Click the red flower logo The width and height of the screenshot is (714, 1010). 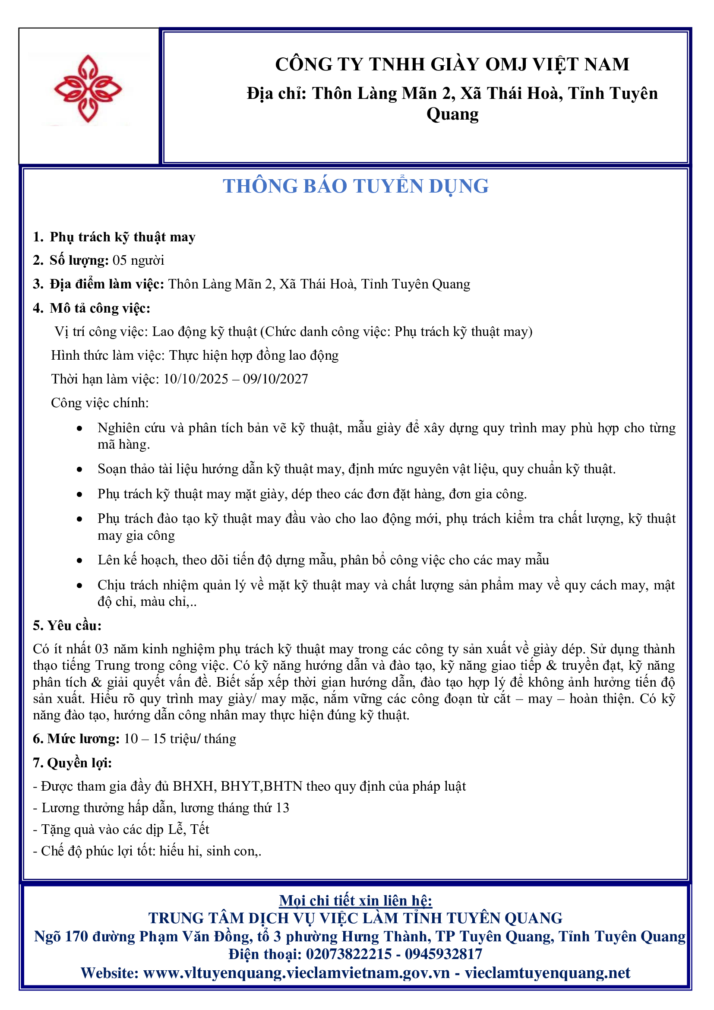click(x=88, y=89)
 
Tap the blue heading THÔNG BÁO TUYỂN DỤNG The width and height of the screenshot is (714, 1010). click(x=355, y=186)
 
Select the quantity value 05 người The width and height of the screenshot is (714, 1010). click(x=139, y=260)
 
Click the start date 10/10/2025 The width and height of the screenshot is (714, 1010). click(x=196, y=379)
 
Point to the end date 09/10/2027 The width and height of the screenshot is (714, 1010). click(x=276, y=379)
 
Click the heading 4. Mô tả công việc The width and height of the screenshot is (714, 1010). click(x=92, y=308)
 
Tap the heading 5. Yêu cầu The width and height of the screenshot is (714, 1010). click(x=67, y=626)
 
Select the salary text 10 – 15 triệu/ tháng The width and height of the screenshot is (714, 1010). click(x=180, y=738)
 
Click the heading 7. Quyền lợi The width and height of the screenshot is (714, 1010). click(x=73, y=763)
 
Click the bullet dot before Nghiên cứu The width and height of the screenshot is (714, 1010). click(x=79, y=428)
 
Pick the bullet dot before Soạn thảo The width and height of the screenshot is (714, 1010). click(x=79, y=469)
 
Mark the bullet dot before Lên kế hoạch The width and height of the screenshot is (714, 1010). click(x=79, y=560)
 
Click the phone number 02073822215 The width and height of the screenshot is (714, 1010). click(x=349, y=954)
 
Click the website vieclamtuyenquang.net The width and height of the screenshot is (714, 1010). click(x=547, y=972)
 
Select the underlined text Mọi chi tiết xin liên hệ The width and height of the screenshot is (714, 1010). click(x=355, y=900)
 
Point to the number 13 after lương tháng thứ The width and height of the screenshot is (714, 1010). click(x=282, y=807)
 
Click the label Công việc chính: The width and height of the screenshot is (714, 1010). click(x=100, y=402)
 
